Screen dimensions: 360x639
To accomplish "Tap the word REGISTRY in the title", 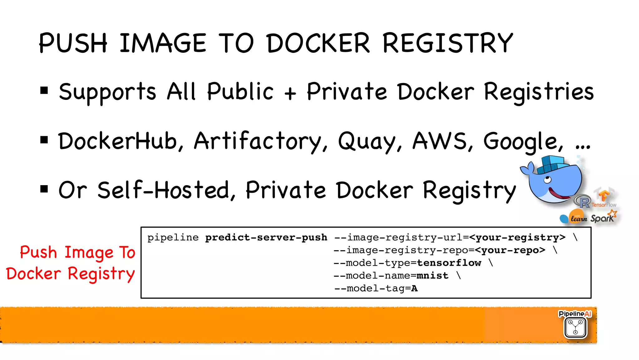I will point(448,43).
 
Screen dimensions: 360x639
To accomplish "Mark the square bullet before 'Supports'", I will point(44,91).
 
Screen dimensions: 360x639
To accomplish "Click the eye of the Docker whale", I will point(547,180).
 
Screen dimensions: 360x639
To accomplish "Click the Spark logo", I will point(603,217).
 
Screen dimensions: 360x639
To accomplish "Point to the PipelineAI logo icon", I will point(575,327).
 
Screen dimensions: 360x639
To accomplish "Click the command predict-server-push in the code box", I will point(266,238).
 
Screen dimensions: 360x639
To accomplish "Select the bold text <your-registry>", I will point(517,238).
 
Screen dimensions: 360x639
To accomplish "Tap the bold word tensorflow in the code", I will point(449,263).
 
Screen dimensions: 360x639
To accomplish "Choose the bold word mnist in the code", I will point(432,276).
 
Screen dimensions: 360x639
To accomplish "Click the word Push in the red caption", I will point(38,252).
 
